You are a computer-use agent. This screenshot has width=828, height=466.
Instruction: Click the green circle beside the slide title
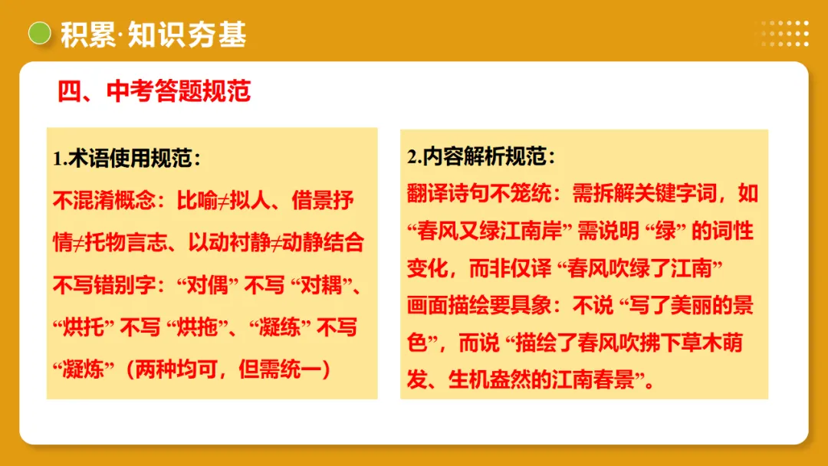point(39,33)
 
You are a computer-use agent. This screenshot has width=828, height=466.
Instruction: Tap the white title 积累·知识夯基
point(153,34)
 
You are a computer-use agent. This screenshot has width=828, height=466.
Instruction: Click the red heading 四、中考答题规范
point(154,91)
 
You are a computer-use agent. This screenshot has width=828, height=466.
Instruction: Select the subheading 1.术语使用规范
point(127,159)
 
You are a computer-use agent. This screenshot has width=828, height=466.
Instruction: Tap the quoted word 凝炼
point(85,369)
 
